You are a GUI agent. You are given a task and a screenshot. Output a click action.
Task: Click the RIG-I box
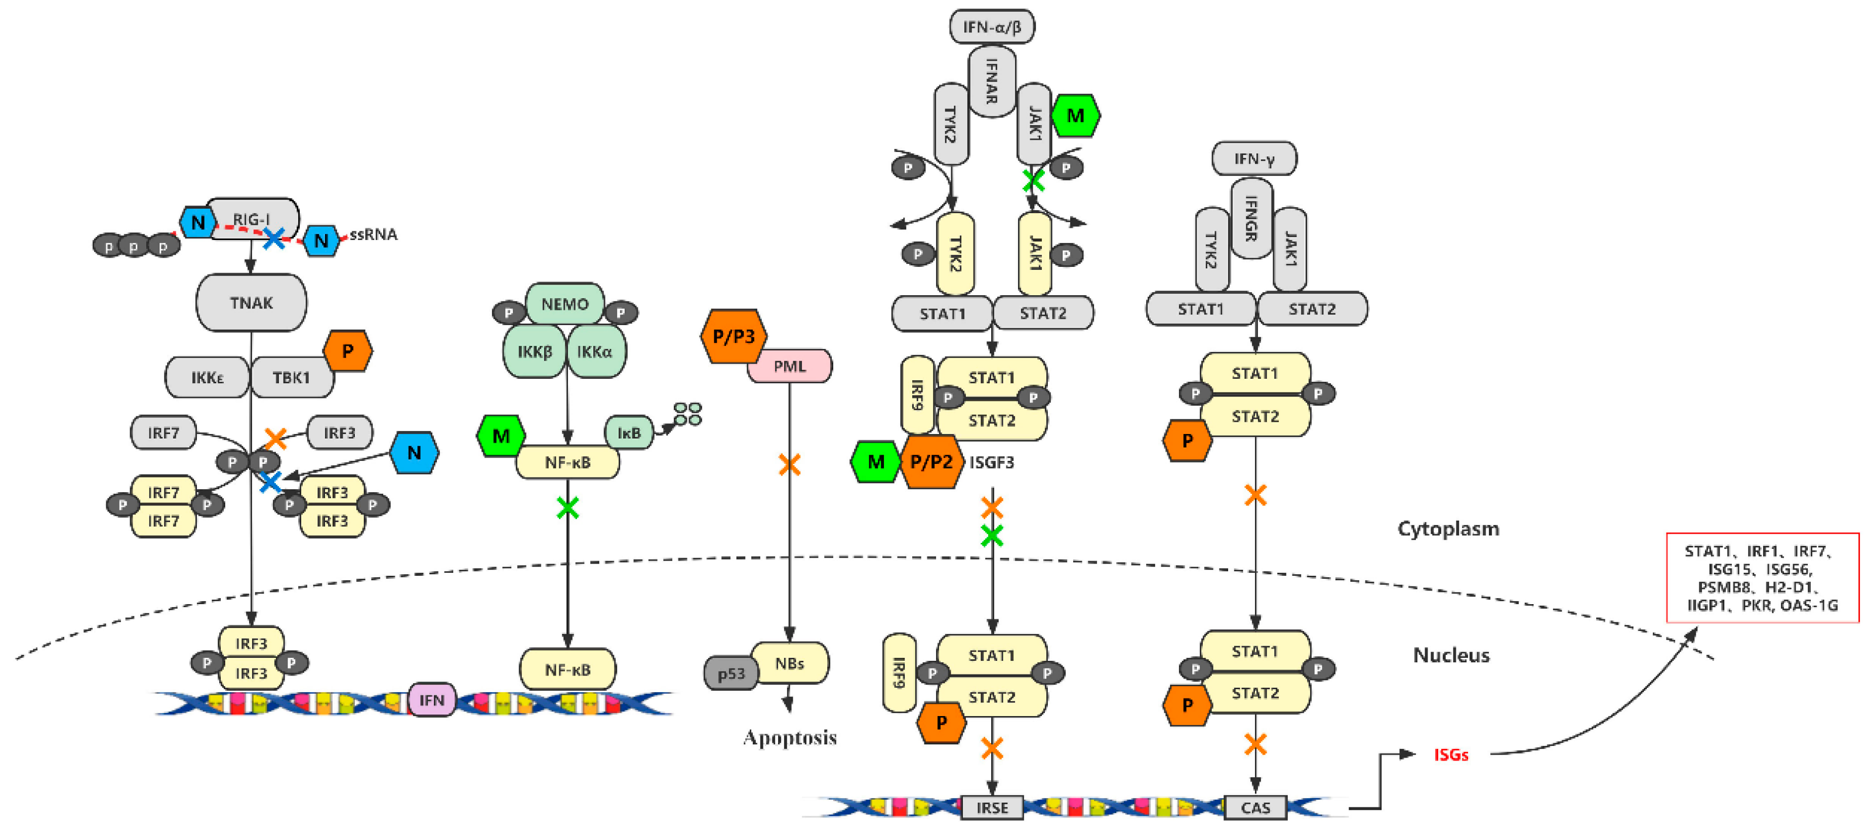(x=252, y=216)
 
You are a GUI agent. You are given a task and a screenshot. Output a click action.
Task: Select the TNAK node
(x=251, y=302)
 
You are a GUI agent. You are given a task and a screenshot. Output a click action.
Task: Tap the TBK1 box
(x=291, y=377)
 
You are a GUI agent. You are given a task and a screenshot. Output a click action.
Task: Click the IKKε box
(x=208, y=377)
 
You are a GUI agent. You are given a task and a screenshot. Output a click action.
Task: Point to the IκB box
(x=629, y=432)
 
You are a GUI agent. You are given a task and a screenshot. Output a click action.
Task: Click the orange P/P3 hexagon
(x=733, y=336)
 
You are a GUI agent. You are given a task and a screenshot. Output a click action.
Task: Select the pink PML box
(x=790, y=366)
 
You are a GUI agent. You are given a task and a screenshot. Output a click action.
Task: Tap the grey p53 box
(x=731, y=674)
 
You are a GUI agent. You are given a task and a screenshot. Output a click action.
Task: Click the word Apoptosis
(x=790, y=737)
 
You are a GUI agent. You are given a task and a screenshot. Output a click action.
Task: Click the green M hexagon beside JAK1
(x=1075, y=115)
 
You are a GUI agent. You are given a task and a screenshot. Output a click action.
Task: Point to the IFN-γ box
(x=1254, y=158)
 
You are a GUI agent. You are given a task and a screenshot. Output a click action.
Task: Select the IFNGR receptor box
(x=1250, y=218)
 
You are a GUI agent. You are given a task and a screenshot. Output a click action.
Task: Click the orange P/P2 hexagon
(x=931, y=461)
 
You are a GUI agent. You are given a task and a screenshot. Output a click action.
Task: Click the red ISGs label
(x=1450, y=755)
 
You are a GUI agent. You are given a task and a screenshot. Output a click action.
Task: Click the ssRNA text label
(x=374, y=234)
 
